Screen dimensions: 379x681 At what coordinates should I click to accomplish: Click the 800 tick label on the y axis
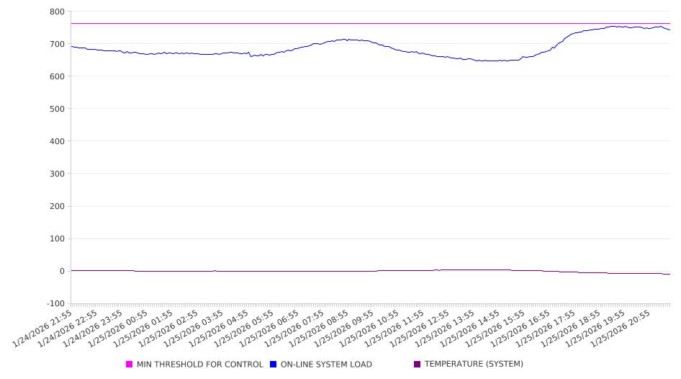(57, 12)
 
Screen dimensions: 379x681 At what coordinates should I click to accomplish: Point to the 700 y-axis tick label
(57, 44)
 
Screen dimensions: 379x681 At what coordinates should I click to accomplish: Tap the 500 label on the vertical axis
(57, 109)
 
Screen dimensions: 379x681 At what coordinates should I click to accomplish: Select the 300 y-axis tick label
(57, 174)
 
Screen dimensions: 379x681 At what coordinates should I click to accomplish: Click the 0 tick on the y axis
(61, 271)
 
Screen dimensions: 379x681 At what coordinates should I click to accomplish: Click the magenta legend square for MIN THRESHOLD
(130, 365)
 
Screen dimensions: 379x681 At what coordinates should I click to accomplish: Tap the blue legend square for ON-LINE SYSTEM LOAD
(274, 365)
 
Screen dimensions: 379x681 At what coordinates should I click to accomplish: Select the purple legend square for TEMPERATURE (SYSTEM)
(418, 365)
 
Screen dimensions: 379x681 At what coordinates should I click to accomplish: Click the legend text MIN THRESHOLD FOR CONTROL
(200, 365)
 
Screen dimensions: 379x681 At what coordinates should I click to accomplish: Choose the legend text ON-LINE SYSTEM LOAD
(326, 365)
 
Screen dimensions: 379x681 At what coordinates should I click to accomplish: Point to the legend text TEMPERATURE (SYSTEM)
(474, 365)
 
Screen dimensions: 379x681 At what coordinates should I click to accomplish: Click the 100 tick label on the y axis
(57, 238)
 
